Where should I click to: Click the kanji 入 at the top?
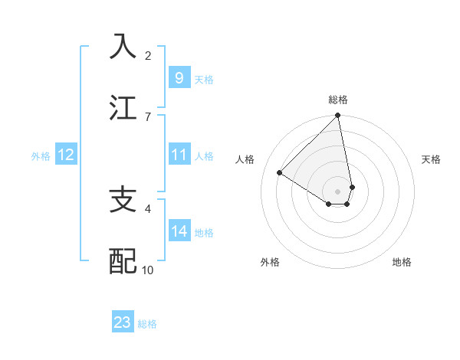(x=123, y=47)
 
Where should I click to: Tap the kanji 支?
(x=123, y=200)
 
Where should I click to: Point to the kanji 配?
(x=123, y=260)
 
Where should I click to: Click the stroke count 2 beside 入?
(x=148, y=55)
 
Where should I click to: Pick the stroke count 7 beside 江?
(x=148, y=116)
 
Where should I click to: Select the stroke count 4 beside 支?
(x=148, y=208)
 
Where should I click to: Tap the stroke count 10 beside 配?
(x=148, y=270)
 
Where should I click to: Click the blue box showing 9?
(x=179, y=77)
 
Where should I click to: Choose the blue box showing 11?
(x=179, y=155)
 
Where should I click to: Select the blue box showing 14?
(x=179, y=231)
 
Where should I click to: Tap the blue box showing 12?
(x=66, y=155)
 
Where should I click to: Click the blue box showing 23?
(x=123, y=322)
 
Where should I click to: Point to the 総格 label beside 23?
(x=147, y=324)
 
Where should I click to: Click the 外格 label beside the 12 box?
(x=41, y=156)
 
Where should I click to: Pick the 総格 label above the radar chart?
(x=338, y=100)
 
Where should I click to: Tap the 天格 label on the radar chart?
(x=431, y=159)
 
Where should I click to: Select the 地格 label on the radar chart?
(x=402, y=262)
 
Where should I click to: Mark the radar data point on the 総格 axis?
(x=338, y=116)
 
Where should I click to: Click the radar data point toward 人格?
(x=280, y=173)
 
